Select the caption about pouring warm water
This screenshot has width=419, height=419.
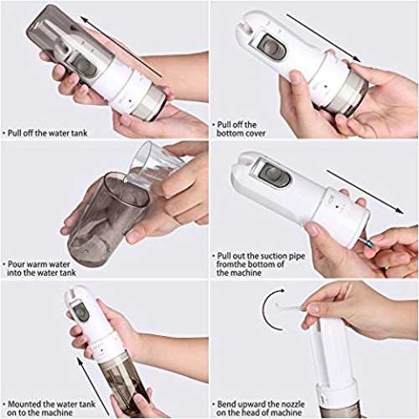pyautogui.click(x=41, y=268)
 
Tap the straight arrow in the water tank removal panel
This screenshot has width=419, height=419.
pyautogui.click(x=122, y=47)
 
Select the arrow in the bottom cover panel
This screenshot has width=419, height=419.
pyautogui.click(x=323, y=38)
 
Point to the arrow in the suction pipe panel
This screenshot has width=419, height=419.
pyautogui.click(x=365, y=192)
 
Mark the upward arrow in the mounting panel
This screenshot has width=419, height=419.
pyautogui.click(x=93, y=386)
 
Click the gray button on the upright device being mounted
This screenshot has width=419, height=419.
pyautogui.click(x=80, y=312)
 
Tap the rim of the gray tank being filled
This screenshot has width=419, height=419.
pyautogui.click(x=127, y=189)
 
